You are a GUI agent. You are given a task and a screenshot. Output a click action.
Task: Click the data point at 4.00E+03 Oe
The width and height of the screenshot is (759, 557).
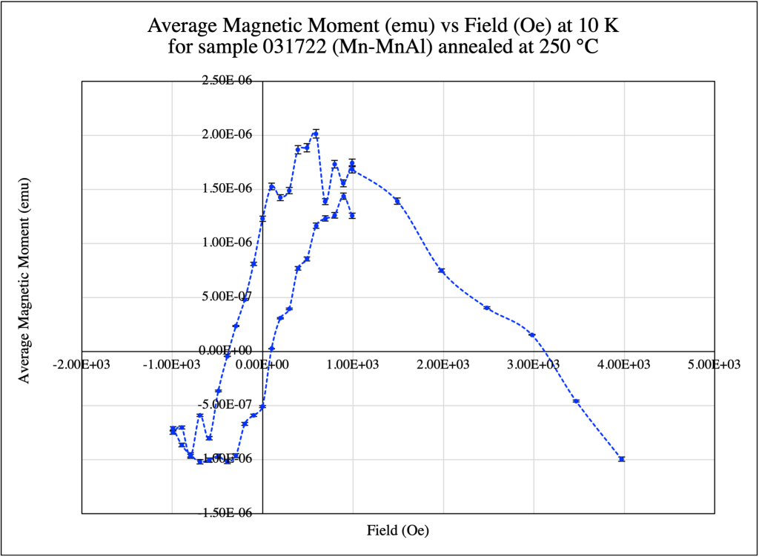[622, 459]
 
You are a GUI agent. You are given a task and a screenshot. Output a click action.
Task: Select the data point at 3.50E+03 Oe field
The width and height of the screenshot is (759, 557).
[576, 401]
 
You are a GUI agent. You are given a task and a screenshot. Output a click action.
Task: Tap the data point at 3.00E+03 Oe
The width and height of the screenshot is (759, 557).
[532, 335]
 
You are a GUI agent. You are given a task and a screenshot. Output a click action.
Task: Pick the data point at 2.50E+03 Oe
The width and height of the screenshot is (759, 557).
[487, 308]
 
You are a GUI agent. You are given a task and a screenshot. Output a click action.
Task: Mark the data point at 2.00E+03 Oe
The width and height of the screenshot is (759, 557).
[442, 271]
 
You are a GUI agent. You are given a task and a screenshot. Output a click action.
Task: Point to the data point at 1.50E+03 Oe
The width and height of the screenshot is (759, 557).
[397, 201]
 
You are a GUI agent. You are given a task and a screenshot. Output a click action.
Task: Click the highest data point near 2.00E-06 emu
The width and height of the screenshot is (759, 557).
[316, 134]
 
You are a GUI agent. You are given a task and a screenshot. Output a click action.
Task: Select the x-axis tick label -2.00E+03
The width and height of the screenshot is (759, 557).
[82, 364]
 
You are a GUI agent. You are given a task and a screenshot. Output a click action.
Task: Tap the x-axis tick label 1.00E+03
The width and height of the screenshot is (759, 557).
[353, 364]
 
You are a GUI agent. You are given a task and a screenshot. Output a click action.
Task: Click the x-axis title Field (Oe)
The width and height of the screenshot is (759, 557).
[398, 531]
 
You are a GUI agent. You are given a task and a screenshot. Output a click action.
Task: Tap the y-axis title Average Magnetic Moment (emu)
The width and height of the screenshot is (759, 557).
[24, 280]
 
